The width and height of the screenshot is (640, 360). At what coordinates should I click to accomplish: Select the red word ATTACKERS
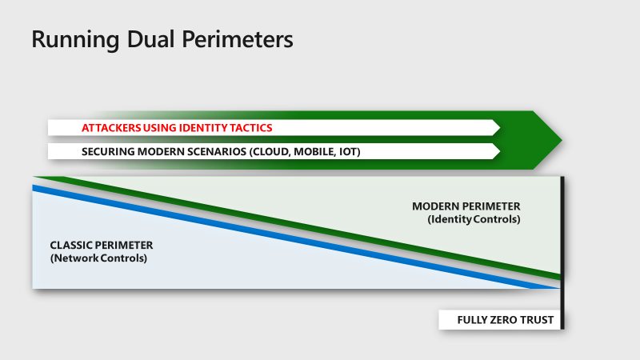tap(110, 128)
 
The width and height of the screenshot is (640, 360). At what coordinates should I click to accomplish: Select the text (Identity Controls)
tap(474, 219)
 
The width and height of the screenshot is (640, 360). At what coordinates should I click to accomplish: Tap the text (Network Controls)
tap(98, 258)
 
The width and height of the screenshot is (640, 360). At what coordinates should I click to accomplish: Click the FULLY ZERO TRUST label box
tap(496, 320)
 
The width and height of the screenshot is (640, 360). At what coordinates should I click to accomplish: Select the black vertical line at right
tap(563, 240)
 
